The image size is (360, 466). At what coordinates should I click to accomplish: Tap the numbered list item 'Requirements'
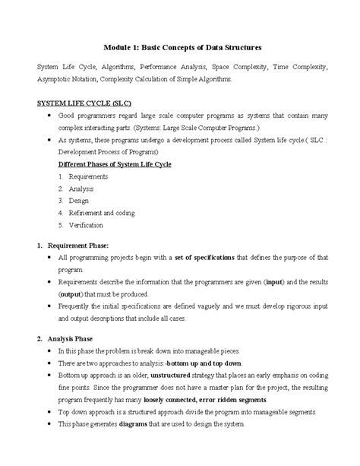[88, 176]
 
